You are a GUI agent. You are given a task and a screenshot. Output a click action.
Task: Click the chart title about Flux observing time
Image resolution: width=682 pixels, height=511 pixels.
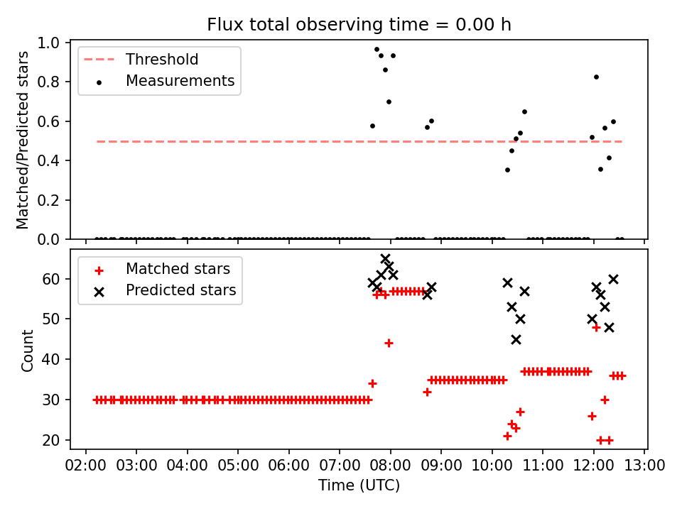[359, 25]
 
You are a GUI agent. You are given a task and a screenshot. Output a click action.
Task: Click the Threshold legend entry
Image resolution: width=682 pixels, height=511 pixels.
[162, 60]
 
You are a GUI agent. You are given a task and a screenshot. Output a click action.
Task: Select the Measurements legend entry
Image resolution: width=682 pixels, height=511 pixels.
[180, 81]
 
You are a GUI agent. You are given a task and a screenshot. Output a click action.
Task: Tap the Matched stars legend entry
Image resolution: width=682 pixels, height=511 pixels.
[178, 269]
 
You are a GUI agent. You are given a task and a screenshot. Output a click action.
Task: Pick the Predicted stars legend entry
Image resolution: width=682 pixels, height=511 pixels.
[180, 290]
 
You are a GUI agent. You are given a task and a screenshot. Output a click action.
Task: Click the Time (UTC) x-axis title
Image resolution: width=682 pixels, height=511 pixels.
[359, 485]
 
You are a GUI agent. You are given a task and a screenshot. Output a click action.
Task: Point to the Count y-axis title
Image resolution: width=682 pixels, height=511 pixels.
[28, 350]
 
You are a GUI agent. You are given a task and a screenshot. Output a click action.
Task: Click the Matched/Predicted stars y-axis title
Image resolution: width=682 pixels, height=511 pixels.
[23, 140]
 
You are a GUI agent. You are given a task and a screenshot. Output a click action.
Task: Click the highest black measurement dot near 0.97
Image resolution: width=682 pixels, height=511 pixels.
[377, 49]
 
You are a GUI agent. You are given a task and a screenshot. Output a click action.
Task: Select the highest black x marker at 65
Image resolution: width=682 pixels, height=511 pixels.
[385, 259]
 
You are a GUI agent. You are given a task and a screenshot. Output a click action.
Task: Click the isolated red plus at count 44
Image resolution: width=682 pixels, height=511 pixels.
[389, 343]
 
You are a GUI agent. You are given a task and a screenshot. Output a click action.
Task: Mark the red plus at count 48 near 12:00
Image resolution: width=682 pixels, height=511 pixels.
[596, 327]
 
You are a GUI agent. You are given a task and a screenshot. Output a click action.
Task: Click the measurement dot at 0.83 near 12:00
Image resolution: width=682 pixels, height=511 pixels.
[596, 77]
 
